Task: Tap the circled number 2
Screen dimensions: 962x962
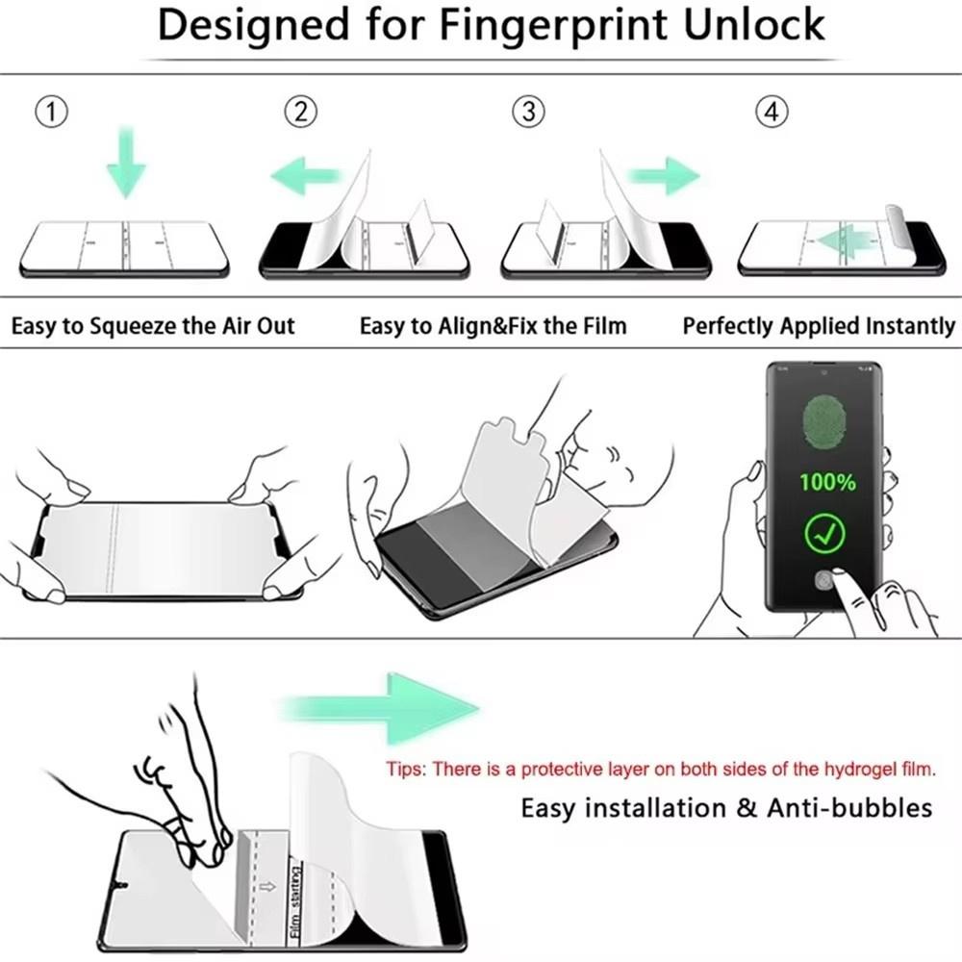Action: point(301,113)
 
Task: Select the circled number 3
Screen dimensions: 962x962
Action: point(527,113)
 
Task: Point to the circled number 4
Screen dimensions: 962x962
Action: point(771,113)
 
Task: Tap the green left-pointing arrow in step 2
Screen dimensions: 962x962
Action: point(305,176)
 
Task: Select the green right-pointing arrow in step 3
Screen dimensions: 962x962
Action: point(663,176)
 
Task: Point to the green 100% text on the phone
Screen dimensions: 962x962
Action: point(826,482)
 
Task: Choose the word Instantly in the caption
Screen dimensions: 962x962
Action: point(903,326)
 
